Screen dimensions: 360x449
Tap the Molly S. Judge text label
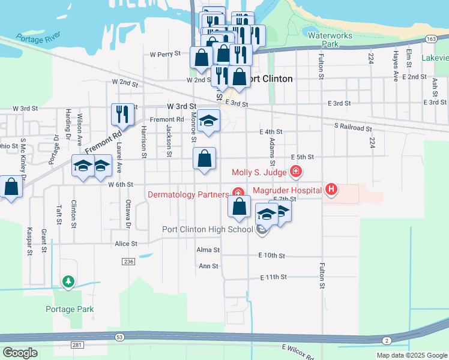click(259, 173)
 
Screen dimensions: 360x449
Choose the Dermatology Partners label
click(187, 194)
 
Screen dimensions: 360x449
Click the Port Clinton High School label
click(208, 229)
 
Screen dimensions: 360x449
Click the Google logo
click(20, 353)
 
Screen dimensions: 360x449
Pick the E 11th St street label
click(274, 277)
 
